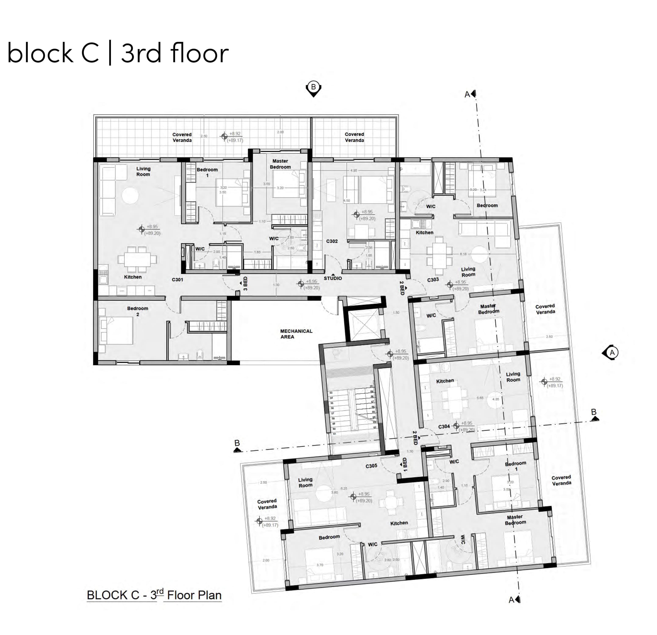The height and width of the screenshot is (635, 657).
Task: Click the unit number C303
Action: [433, 279]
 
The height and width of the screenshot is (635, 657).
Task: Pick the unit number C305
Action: [371, 466]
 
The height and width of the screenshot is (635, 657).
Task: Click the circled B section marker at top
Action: [313, 88]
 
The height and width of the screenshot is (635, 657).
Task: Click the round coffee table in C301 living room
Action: [130, 195]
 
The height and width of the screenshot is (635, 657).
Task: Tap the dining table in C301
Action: [137, 260]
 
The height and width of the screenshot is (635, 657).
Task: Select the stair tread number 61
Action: [334, 434]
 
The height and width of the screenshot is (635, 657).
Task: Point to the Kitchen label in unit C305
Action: [399, 523]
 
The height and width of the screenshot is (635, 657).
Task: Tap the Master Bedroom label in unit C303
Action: [488, 309]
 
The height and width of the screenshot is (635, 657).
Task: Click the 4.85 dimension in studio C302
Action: [354, 170]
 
